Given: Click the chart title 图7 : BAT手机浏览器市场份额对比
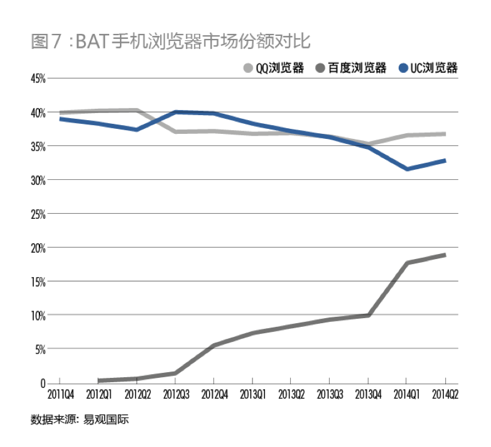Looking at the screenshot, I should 170,42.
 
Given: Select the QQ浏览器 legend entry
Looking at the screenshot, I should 274,68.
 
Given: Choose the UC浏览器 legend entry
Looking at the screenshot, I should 428,68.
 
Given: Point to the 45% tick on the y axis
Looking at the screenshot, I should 37,79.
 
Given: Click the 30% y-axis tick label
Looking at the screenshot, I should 37,180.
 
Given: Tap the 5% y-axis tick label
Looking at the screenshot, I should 39,349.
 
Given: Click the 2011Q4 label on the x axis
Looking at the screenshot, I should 60,395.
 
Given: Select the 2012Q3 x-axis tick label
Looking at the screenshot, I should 175,395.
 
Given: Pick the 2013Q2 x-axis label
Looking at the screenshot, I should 291,395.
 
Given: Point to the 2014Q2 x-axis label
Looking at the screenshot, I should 445,395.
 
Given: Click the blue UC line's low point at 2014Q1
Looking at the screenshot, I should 407,168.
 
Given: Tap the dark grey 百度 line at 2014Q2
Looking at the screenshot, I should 445,255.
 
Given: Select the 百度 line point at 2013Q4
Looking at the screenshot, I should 368,315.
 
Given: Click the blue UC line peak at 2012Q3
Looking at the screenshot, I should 175,112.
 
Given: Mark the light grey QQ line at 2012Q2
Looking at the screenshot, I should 137,111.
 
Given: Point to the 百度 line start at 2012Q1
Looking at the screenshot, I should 99,380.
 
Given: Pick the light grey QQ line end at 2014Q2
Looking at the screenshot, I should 445,134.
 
